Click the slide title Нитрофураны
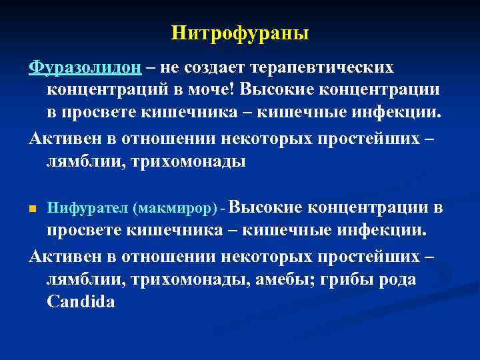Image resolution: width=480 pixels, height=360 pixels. click(x=240, y=33)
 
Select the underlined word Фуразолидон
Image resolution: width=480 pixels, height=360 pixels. click(x=85, y=69)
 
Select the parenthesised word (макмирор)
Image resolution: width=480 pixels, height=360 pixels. click(x=177, y=209)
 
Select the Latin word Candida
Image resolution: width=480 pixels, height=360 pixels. click(x=81, y=301)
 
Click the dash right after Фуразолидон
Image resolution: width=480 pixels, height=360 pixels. click(x=151, y=69)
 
